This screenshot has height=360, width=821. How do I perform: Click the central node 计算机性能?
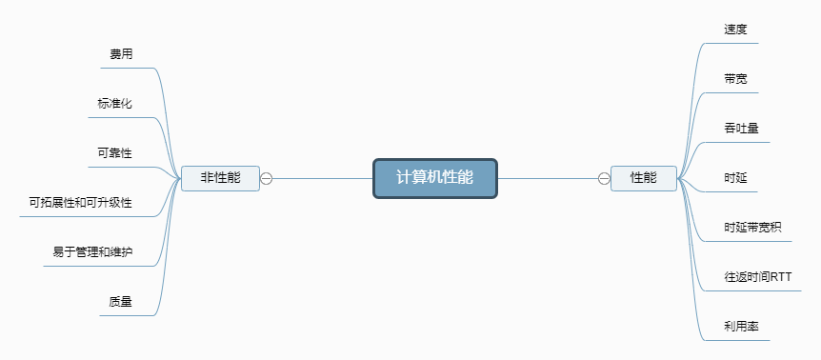(x=434, y=178)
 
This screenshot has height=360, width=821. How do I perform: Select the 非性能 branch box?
(x=220, y=178)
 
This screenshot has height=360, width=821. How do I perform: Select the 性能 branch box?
(x=644, y=178)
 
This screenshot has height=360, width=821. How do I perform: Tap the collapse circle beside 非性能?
(x=267, y=178)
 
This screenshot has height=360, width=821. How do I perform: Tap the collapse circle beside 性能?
(x=604, y=178)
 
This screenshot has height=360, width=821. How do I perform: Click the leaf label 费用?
(x=121, y=54)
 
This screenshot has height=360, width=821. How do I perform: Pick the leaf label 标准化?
(x=114, y=104)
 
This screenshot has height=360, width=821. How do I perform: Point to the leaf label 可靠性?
(x=114, y=153)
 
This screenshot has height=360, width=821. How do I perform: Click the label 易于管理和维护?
(x=92, y=252)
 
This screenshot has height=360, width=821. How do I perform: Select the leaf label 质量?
(x=120, y=302)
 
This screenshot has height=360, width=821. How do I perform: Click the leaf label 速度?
(x=735, y=30)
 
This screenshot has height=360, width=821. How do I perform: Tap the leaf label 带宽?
(x=735, y=79)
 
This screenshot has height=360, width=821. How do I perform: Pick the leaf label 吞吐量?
(x=741, y=129)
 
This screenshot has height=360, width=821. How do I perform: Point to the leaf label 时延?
(x=735, y=178)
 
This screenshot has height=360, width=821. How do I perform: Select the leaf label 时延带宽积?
(x=752, y=228)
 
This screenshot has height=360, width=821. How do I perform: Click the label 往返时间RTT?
(x=757, y=277)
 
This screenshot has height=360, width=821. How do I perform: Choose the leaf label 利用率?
(x=741, y=327)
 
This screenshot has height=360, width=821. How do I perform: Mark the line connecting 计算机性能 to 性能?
(x=548, y=178)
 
